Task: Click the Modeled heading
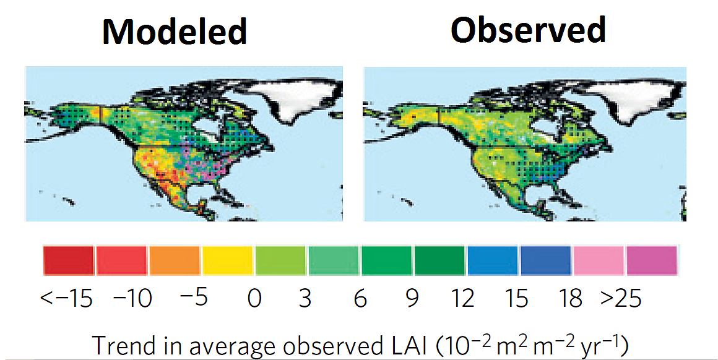(175, 31)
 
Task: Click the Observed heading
(527, 29)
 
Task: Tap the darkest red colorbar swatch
(68, 260)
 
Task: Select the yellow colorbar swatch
(227, 260)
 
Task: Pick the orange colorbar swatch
(174, 260)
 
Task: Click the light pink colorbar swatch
(599, 260)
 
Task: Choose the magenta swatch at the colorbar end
(652, 260)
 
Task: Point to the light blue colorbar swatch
(492, 260)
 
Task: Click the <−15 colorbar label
(66, 299)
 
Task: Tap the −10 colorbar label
(132, 299)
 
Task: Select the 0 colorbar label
(254, 299)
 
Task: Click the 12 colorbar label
(462, 299)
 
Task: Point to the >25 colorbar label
(621, 299)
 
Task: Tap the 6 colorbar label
(360, 299)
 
